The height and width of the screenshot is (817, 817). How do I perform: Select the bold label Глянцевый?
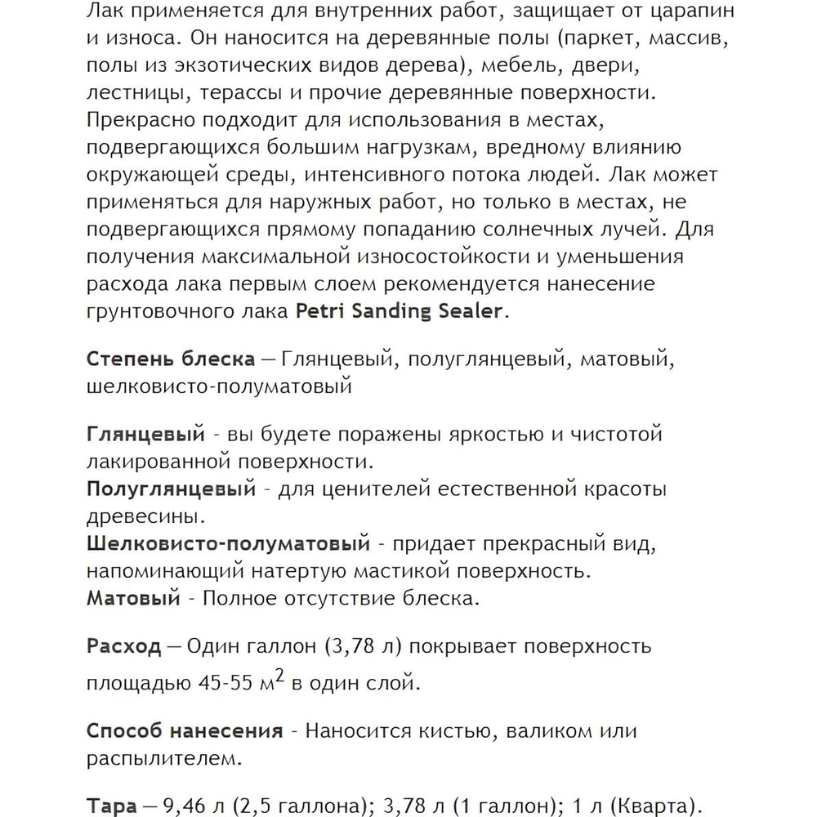click(144, 435)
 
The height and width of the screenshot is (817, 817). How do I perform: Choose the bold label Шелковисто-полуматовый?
click(228, 543)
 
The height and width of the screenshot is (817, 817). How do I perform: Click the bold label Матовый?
click(132, 598)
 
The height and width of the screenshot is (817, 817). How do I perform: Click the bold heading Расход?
click(123, 646)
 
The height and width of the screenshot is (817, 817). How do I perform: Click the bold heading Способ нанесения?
click(185, 730)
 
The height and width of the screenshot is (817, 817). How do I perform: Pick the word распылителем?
click(163, 759)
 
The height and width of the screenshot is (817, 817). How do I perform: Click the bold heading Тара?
click(111, 806)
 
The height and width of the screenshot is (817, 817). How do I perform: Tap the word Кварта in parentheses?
click(650, 806)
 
